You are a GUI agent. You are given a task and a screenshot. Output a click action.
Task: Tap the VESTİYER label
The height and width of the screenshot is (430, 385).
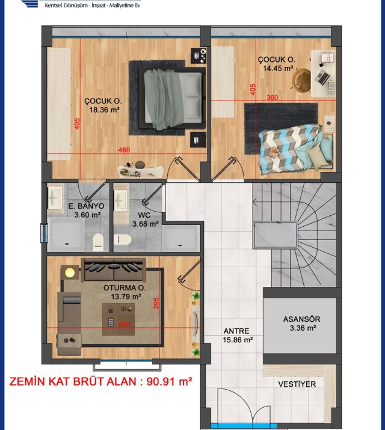pyautogui.click(x=297, y=384)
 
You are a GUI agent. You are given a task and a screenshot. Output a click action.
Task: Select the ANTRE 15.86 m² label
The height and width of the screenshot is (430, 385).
pyautogui.click(x=238, y=336)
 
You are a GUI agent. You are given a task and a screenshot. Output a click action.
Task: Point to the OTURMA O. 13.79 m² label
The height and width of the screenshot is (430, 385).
pyautogui.click(x=125, y=292)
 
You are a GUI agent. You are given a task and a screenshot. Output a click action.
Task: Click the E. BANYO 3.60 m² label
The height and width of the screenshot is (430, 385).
pyautogui.click(x=87, y=210)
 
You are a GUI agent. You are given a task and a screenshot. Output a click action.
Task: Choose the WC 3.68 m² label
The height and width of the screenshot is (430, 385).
pyautogui.click(x=146, y=220)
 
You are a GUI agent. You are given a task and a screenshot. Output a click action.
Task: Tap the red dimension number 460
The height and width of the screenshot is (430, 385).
pyautogui.click(x=124, y=150)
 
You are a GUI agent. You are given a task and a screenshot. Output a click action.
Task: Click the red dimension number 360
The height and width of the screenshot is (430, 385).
pyautogui.click(x=273, y=97)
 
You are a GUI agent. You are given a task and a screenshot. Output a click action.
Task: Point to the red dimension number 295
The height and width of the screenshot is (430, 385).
pyautogui.click(x=156, y=304)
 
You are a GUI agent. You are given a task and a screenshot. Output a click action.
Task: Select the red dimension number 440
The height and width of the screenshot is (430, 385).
pyautogui.click(x=124, y=324)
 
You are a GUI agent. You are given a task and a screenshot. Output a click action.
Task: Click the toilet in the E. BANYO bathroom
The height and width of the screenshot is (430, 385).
pyautogui.click(x=98, y=242)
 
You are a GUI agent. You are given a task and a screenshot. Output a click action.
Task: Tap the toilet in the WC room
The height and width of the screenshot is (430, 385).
pyautogui.click(x=122, y=239)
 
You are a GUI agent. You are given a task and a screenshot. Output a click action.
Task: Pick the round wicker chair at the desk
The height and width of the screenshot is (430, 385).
pyautogui.click(x=301, y=80)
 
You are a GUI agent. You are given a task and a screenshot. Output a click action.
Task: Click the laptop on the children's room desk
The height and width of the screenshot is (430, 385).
pyautogui.click(x=322, y=76)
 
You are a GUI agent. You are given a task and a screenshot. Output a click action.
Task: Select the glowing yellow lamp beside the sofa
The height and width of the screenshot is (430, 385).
pyautogui.click(x=69, y=272)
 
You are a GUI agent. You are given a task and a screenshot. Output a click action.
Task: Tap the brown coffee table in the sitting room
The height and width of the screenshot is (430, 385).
pyautogui.click(x=119, y=319)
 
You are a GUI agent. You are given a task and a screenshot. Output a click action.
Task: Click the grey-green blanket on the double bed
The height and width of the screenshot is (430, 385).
pyautogui.click(x=163, y=99)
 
